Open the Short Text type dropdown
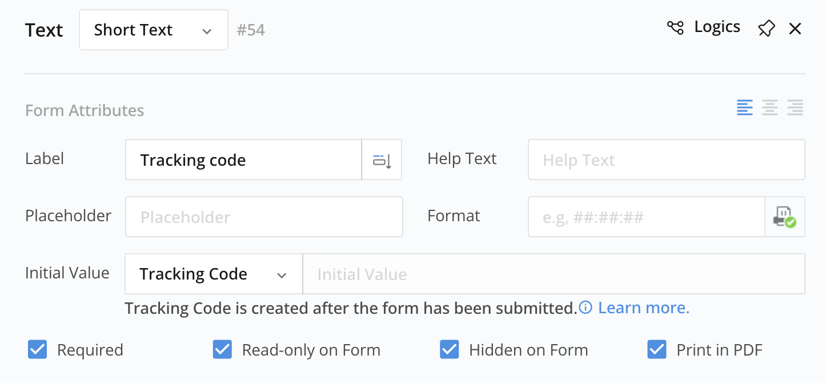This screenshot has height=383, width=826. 154,30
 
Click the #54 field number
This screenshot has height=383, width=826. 251,30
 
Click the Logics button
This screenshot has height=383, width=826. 704,27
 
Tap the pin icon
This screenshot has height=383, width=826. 766,29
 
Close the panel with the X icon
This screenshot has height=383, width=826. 795,29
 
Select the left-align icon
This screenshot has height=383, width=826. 745,107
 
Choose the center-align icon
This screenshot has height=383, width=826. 770,107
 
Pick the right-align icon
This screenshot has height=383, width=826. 795,107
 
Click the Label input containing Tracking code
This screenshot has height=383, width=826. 243,159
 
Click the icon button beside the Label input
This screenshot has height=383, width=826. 382,159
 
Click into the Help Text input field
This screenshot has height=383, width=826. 666,159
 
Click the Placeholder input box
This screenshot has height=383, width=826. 264,217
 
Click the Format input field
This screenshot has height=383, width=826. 647,217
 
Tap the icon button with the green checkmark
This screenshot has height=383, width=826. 785,217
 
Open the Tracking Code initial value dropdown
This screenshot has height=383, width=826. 214,274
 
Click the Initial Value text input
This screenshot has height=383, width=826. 554,274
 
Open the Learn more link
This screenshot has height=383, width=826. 643,308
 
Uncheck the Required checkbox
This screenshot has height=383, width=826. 37,349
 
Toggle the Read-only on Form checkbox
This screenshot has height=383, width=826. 222,349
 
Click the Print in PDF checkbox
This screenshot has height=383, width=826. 657,349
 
